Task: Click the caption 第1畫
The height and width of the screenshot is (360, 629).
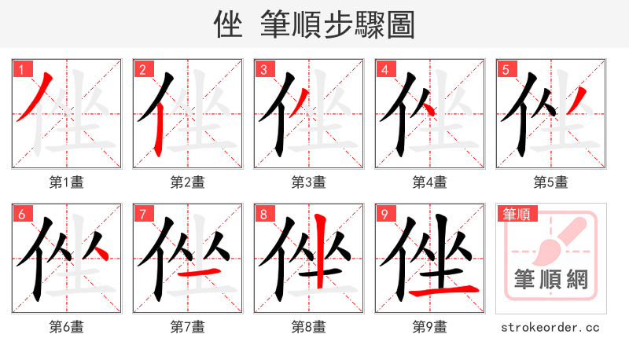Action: point(67,182)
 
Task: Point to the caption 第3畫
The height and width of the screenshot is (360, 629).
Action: point(309,182)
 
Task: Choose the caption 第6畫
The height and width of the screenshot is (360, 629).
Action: point(67,326)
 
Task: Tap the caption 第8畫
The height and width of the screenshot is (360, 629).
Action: point(309,326)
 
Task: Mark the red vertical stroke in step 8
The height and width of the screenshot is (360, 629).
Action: point(319,252)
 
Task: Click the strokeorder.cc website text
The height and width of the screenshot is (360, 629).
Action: point(550,326)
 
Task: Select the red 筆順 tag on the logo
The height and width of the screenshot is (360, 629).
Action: point(517,213)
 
